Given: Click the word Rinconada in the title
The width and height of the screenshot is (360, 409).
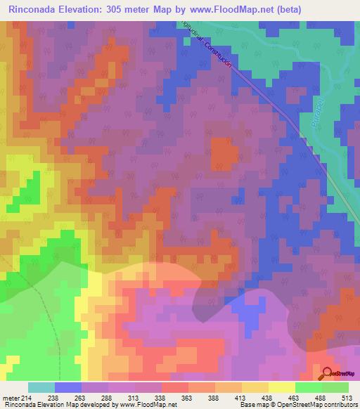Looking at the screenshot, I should click(x=34, y=9).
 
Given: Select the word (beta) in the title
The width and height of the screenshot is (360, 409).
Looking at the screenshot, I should click(x=336, y=9).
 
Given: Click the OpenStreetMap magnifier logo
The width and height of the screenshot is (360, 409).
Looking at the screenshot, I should click(x=328, y=375).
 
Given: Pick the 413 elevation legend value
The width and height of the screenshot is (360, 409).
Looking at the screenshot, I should click(x=254, y=397).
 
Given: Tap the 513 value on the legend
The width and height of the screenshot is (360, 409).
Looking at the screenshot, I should click(x=349, y=397).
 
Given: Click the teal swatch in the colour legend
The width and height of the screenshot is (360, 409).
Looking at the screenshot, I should click(x=41, y=387).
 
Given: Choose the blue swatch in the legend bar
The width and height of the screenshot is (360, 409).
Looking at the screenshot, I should click(x=68, y=387).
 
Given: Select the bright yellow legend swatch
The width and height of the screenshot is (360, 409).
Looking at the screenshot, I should click(x=281, y=387).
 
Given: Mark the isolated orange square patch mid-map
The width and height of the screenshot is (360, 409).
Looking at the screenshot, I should click(x=224, y=153).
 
